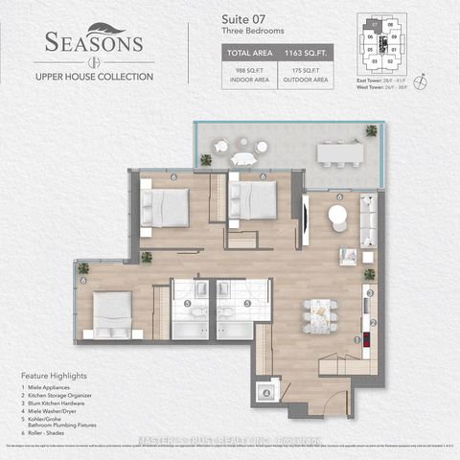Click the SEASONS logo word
tap(93, 44)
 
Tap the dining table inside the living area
tap(319, 312)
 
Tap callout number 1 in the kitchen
tap(357, 339)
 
